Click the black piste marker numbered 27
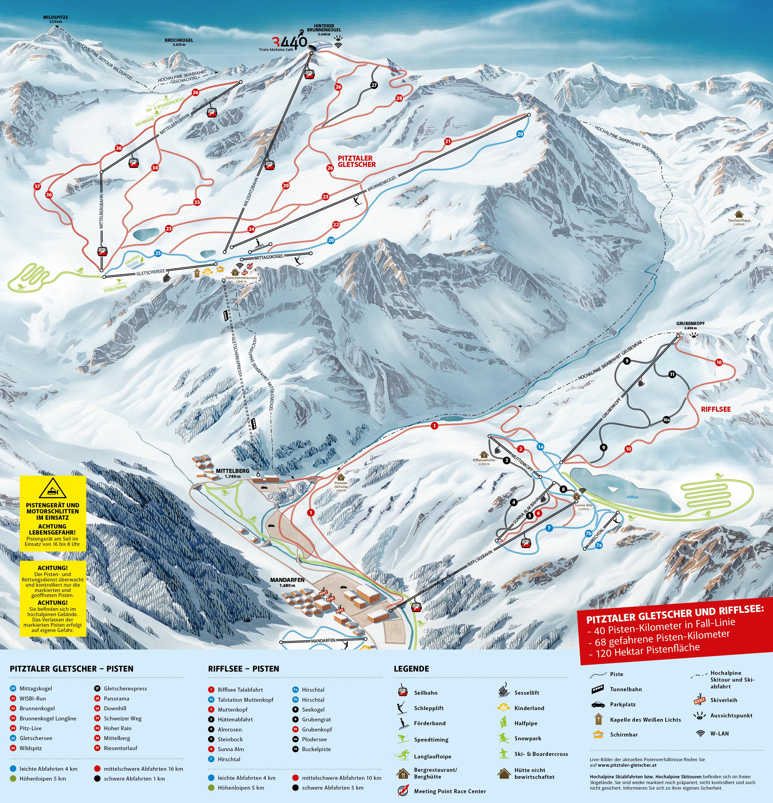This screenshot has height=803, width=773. click(374, 85)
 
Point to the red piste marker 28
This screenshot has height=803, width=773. click(399, 98)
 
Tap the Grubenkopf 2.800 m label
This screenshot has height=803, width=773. click(690, 326)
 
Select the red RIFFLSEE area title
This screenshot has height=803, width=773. click(716, 409)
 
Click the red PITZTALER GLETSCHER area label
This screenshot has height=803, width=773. click(356, 161)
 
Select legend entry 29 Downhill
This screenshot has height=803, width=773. click(115, 708)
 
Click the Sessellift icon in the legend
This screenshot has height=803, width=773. click(503, 692)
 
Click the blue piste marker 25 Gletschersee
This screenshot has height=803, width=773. click(158, 253)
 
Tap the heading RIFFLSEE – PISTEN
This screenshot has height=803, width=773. click(243, 669)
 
